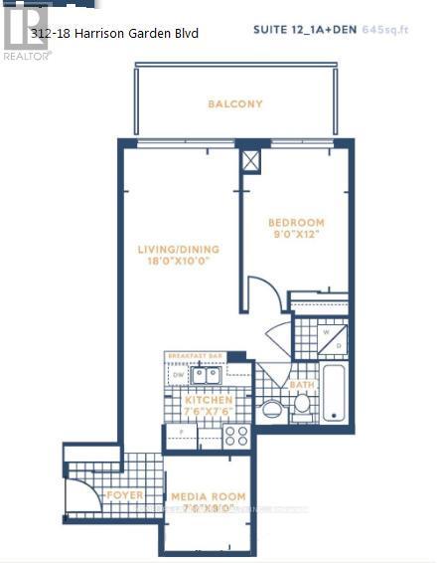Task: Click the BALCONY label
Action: pos(235,103)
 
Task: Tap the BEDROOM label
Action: pos(296,223)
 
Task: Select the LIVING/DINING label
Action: pos(179,250)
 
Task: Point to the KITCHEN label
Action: pos(209,400)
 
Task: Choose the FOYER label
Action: pos(124,494)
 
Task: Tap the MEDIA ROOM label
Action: pos(208,496)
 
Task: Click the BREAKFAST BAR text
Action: pos(193,355)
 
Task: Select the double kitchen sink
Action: pos(206,375)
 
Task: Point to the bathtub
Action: pos(334,395)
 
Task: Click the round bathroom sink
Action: pos(270,408)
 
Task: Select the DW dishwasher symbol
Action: pos(176,375)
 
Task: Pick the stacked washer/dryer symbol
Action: pos(333,337)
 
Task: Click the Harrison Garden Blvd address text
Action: pos(114,34)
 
